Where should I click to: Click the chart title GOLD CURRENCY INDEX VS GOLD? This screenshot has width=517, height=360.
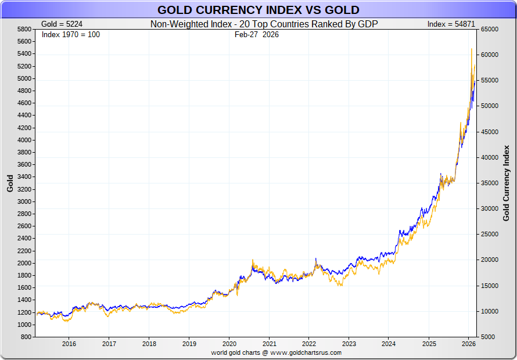(258, 10)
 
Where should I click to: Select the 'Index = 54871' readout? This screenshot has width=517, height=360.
(451, 24)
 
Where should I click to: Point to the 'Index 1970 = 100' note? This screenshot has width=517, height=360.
(71, 34)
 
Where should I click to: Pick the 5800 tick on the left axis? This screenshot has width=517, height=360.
(24, 29)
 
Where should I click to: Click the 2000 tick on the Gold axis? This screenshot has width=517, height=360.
(24, 263)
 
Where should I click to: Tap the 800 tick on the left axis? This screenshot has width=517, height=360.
(26, 337)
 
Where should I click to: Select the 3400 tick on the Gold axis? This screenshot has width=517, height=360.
(24, 177)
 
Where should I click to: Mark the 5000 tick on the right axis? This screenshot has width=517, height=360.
(487, 337)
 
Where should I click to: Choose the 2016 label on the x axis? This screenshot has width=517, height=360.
(69, 343)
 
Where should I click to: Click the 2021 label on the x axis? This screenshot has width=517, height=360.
(269, 343)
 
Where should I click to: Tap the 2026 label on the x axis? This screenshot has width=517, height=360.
(469, 343)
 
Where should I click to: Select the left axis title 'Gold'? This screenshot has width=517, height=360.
(10, 183)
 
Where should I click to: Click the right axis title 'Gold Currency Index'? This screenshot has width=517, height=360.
(505, 183)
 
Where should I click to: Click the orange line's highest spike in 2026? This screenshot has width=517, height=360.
(471, 49)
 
